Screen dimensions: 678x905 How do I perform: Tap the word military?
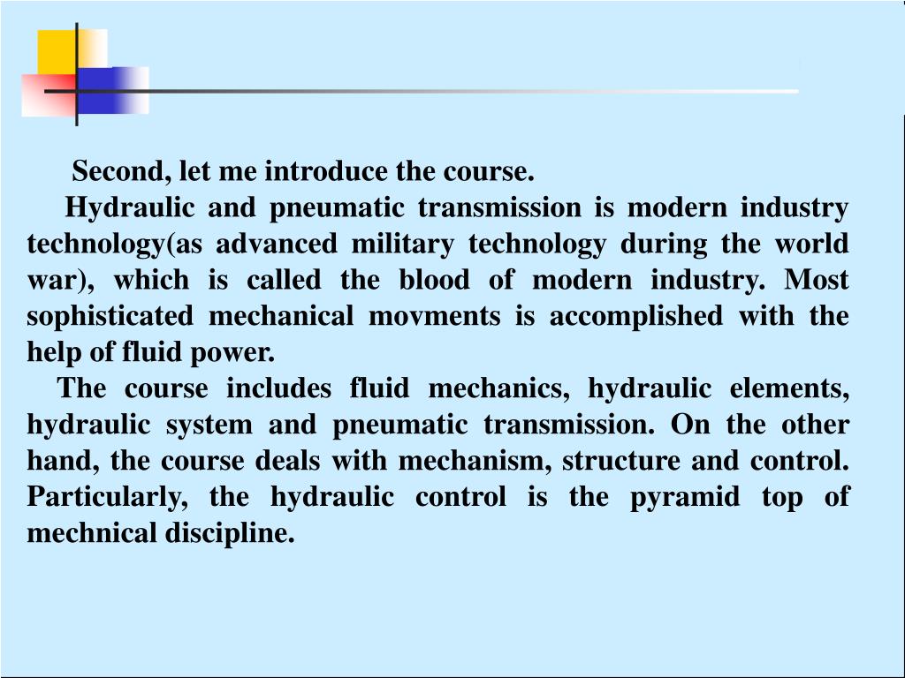click(x=402, y=243)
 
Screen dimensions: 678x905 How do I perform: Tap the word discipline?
click(x=238, y=533)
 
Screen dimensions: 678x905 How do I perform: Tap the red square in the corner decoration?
click(x=46, y=94)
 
